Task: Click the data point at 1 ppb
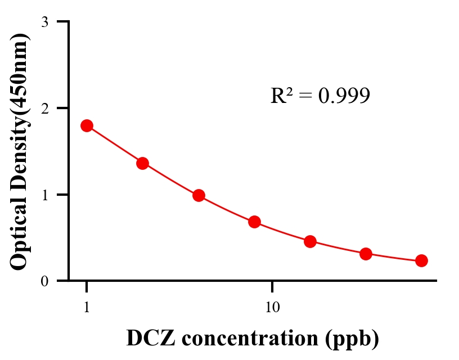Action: click(87, 125)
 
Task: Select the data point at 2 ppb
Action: click(142, 163)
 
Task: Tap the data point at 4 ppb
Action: click(199, 196)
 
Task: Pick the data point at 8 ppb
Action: click(254, 222)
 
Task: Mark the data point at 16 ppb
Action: click(310, 242)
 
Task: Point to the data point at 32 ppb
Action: click(366, 254)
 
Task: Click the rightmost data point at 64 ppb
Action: click(421, 260)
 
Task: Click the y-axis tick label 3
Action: click(45, 22)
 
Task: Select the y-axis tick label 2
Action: click(45, 108)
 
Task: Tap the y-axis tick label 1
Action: click(45, 195)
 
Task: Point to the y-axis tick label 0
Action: click(45, 281)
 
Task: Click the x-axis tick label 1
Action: click(87, 308)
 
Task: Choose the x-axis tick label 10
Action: click(272, 308)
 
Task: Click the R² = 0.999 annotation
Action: click(320, 96)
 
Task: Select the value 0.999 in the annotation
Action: click(344, 96)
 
